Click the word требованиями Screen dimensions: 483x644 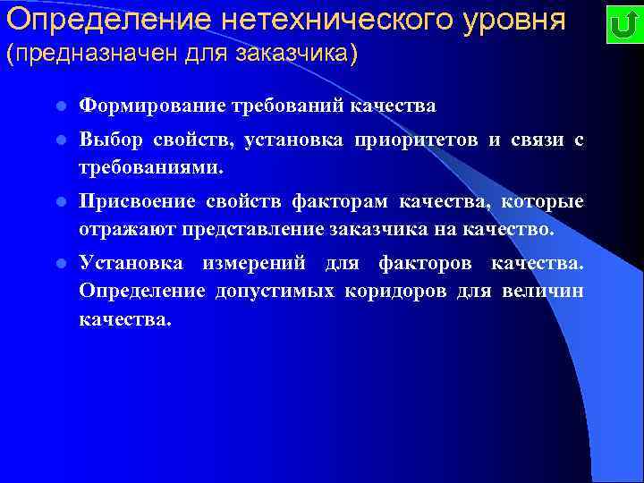pyautogui.click(x=152, y=167)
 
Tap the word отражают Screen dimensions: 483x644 pyautogui.click(x=127, y=229)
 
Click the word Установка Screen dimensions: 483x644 pyautogui.click(x=131, y=264)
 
